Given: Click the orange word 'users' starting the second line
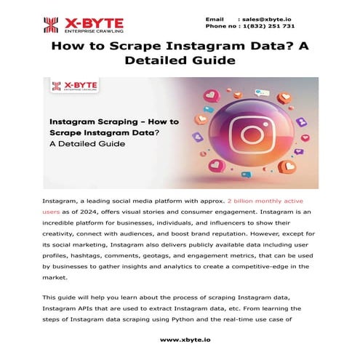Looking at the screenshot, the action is [x=53, y=211].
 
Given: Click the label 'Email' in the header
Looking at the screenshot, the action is [x=215, y=17].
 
